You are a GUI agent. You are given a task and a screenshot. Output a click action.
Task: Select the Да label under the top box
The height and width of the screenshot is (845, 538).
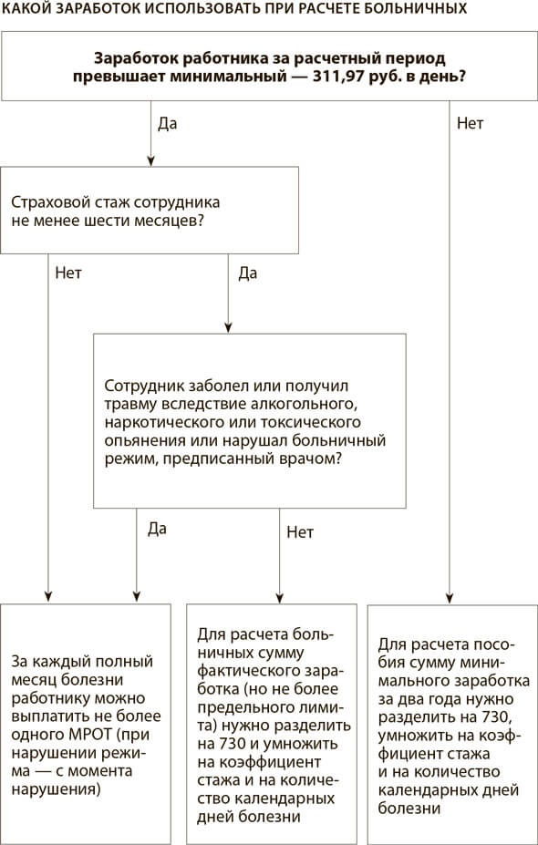[x=167, y=124]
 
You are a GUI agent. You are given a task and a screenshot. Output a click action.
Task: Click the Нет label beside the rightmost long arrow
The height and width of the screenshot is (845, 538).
[x=471, y=123]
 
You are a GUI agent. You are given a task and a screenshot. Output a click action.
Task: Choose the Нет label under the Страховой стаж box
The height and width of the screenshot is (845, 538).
[x=68, y=273]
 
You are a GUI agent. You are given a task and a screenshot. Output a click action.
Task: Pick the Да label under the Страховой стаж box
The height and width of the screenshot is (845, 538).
[x=247, y=273]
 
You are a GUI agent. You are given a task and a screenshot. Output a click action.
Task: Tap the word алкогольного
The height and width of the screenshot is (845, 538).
[x=302, y=404]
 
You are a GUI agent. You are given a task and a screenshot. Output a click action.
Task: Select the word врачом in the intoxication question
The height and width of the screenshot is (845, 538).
[x=312, y=459]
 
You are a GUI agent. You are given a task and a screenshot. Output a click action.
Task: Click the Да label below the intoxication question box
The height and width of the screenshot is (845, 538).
[x=157, y=530]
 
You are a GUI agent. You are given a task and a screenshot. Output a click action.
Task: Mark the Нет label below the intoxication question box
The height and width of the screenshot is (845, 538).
[x=300, y=532]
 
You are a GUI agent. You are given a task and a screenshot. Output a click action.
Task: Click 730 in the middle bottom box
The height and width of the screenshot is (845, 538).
[x=220, y=744]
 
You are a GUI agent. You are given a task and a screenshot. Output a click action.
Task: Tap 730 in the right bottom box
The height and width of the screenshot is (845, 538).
[x=495, y=717]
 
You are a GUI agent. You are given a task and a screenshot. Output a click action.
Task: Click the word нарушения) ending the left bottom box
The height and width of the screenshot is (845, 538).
[x=56, y=790]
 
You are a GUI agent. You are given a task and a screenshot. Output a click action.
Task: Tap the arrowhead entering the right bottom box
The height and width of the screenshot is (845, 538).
[x=449, y=598]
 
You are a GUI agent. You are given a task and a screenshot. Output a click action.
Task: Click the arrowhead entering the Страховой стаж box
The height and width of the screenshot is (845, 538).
[x=151, y=161]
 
